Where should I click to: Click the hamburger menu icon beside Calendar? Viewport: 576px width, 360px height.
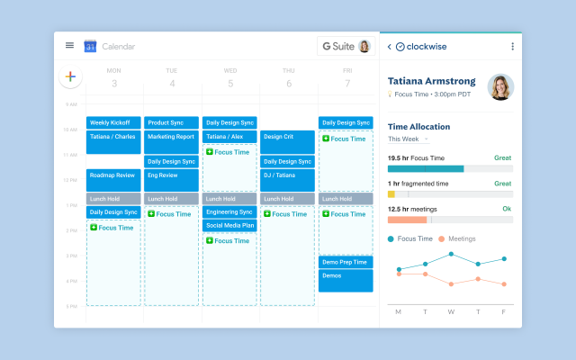coord(69,46)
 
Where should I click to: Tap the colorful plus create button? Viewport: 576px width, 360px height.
coord(70,77)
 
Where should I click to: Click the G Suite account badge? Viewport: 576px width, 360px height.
coord(345,46)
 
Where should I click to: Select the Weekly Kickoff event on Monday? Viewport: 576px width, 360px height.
coord(113,122)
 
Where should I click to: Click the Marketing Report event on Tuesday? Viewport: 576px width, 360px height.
coord(171,137)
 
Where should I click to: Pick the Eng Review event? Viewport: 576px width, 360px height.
coord(171,176)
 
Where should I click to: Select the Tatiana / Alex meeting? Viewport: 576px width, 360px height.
coord(229,137)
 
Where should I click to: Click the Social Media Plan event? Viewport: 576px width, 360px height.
coord(229,225)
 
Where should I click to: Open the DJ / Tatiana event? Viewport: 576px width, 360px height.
coord(287,175)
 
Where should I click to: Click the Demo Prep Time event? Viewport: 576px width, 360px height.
coord(346,262)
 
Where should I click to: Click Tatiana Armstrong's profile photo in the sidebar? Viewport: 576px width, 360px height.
coord(500,87)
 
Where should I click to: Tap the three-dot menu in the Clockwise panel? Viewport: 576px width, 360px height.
coord(513,47)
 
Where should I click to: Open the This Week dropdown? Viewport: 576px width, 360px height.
coord(409,139)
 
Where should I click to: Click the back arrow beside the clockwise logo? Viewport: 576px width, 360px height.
coord(389,47)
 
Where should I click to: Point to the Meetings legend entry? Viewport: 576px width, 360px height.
coord(456,238)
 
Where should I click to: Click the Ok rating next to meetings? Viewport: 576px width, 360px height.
coord(507,209)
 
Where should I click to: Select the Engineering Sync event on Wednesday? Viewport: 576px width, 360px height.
coord(229,211)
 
